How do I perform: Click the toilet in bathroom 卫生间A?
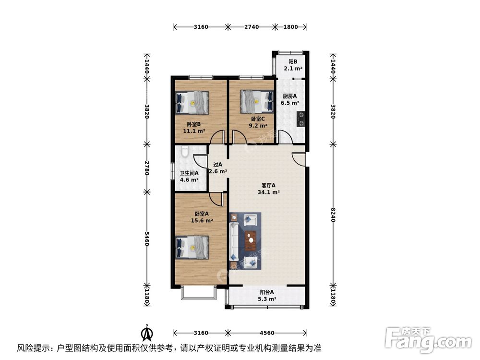pyautogui.click(x=184, y=154)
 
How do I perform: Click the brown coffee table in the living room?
pyautogui.click(x=250, y=240)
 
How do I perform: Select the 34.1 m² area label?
pyautogui.click(x=269, y=192)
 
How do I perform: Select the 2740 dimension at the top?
pyautogui.click(x=251, y=27)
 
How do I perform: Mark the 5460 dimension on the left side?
pyautogui.click(x=147, y=238)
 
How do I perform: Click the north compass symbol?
pyautogui.click(x=146, y=332)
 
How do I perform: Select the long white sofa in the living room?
pyautogui.click(x=234, y=240)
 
